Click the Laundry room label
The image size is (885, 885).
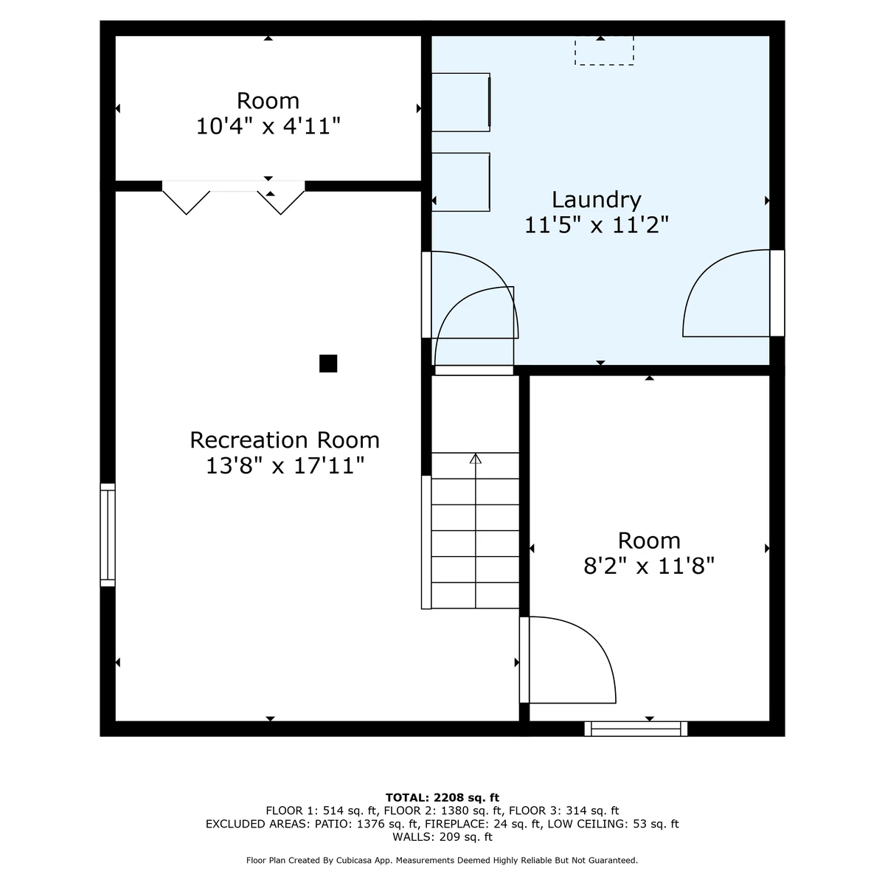click(596, 201)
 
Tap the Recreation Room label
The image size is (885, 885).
click(285, 440)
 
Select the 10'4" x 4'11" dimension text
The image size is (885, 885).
click(268, 126)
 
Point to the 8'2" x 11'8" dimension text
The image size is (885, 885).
click(649, 566)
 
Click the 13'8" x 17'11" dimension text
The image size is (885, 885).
click(285, 465)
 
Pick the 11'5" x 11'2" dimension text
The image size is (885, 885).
click(596, 225)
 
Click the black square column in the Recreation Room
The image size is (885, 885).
click(328, 364)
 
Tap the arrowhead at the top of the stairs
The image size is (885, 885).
click(476, 458)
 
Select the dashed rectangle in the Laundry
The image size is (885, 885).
click(604, 51)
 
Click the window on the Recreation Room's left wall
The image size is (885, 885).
click(108, 535)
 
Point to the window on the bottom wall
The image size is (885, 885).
click(636, 729)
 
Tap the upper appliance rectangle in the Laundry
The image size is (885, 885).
click(461, 103)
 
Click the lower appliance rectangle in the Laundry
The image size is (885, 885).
click(461, 182)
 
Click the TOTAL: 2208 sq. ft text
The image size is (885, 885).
click(442, 797)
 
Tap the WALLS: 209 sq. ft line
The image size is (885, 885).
click(442, 837)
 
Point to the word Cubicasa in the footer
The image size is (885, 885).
click(354, 860)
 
